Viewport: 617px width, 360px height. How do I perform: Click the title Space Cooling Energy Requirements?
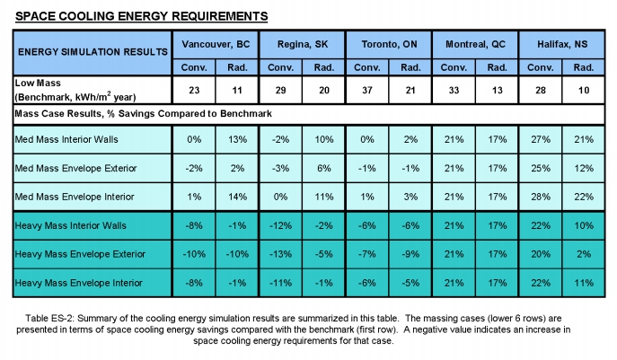141,16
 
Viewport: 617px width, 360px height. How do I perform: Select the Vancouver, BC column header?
216,45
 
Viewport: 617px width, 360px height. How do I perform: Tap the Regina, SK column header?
302,45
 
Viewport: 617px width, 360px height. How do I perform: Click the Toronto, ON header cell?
389,45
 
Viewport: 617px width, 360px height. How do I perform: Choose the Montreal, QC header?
475,45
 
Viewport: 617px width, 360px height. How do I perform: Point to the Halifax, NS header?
562,45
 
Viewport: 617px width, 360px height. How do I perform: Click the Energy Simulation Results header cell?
93,52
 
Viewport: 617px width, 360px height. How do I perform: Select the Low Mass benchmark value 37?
367,91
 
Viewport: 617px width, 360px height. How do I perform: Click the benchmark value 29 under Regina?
280,91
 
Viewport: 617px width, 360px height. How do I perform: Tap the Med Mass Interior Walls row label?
66,140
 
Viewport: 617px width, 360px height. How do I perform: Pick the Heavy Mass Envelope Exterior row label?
80,254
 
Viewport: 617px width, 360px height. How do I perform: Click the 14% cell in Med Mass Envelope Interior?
237,197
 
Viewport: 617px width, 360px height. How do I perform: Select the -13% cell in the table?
280,254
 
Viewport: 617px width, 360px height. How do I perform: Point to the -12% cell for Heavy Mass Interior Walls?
280,226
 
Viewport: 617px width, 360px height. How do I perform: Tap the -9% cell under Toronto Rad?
410,254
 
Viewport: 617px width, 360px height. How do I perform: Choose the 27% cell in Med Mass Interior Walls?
541,140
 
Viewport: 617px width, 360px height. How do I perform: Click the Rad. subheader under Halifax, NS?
584,67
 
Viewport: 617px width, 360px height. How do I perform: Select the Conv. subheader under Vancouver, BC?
194,67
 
